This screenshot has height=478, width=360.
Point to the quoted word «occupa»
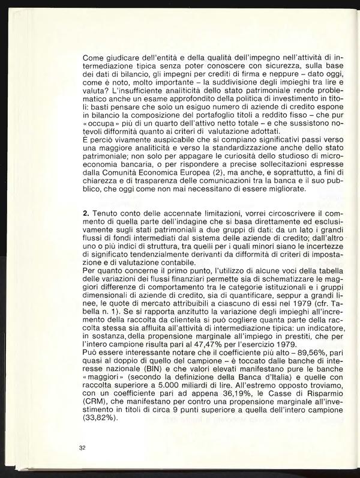coord(101,124)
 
